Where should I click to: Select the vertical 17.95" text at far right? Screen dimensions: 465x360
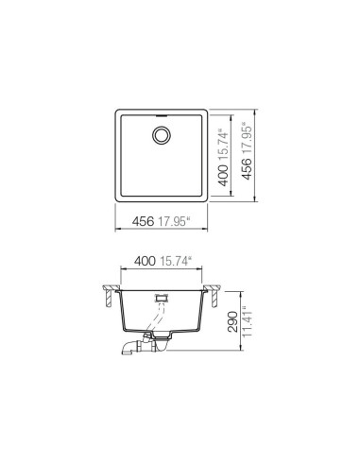point(249,142)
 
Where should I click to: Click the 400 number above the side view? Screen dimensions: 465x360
point(146,260)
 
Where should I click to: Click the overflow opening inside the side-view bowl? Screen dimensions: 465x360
point(163,297)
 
